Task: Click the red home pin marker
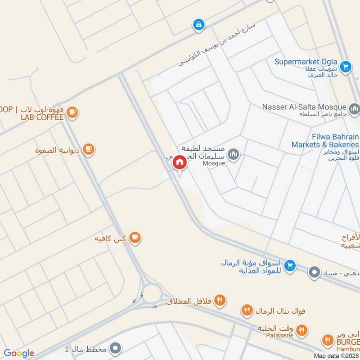(180, 162)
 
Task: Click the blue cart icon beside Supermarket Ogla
(346, 67)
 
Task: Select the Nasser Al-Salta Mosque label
(304, 107)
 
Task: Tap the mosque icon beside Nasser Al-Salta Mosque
(354, 108)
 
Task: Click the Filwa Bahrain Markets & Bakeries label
(325, 140)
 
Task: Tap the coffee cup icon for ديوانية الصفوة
(89, 149)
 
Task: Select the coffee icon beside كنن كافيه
(134, 237)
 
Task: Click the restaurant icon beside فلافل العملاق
(220, 300)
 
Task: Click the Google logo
(19, 353)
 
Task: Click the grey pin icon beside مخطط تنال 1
(116, 348)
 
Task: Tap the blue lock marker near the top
(198, 25)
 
